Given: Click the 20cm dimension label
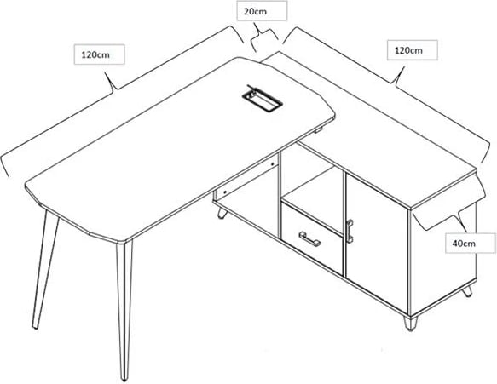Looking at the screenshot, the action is pos(255,12).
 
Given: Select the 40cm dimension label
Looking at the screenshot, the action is pos(464,244).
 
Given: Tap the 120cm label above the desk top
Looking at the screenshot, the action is pos(95,54).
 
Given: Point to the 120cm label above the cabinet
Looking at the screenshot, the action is pos(408,50).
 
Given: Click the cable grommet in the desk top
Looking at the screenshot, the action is pos(262,99).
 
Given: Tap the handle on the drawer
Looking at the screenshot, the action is pos(309,238).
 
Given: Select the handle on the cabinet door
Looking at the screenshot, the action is pos(350,231).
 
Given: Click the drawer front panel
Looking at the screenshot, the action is pos(312,239).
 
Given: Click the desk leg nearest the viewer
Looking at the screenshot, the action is pos(124,310).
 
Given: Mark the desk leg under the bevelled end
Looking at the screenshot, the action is pos(45,270).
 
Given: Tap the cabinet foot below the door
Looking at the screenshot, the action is pos(410,324).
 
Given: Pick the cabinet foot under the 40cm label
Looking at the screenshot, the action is pos(467,291).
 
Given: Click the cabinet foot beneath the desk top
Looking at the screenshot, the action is pos(222,213).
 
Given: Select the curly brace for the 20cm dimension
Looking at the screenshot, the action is pos(264,37).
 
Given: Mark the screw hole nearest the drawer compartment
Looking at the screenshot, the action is pos(272,164).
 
